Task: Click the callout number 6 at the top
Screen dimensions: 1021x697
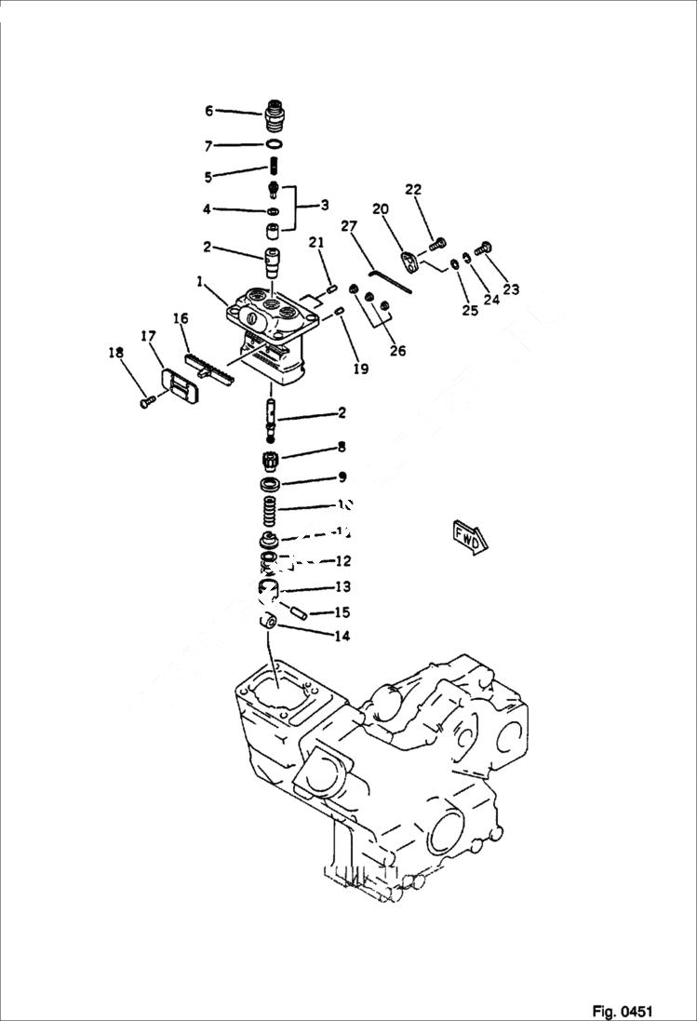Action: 209,111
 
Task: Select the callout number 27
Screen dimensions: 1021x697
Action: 349,225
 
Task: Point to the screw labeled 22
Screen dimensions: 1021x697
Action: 436,246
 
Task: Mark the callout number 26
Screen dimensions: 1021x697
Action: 398,351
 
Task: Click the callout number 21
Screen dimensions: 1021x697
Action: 316,243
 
